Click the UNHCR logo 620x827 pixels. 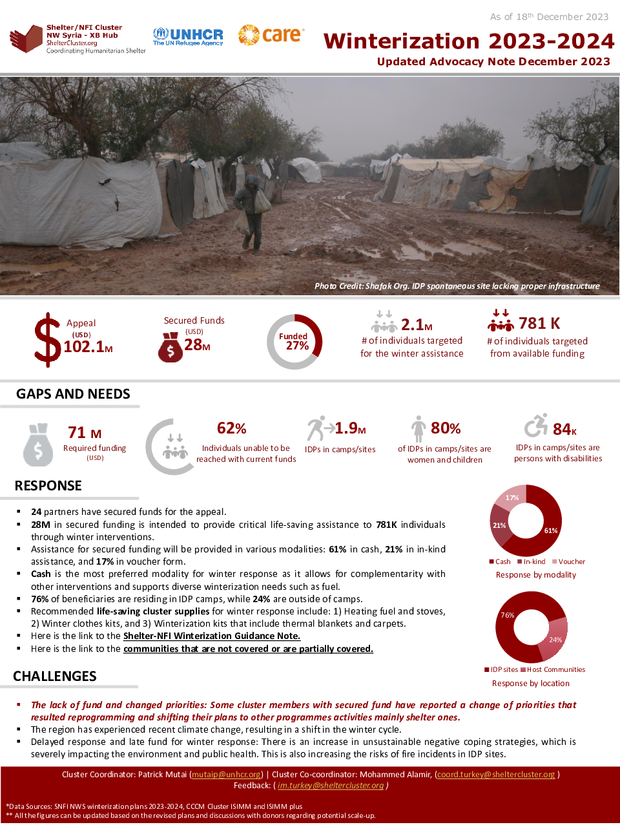pos(188,37)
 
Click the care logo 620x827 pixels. pos(271,35)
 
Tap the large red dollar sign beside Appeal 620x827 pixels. pos(47,340)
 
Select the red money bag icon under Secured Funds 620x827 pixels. pos(170,347)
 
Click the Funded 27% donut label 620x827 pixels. pos(294,341)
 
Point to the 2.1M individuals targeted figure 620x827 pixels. pos(417,324)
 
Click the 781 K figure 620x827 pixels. pos(539,323)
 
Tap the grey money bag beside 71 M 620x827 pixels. pos(38,445)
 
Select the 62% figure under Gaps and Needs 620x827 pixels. pos(232,428)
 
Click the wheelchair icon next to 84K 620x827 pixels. pos(535,426)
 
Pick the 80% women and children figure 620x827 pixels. pos(446,428)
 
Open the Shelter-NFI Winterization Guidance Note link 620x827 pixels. pos(212,636)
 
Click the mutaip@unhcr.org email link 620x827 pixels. pos(227,774)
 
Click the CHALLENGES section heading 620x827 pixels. pos(55,676)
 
